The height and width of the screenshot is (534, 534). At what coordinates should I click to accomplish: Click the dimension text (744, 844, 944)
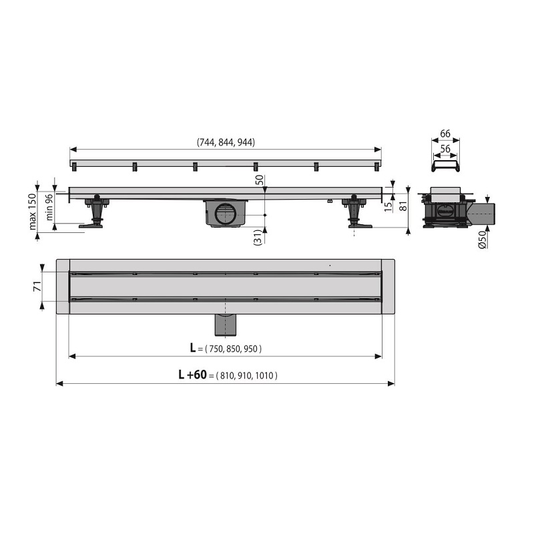coord(226,142)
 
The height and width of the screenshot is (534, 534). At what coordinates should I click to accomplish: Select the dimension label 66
coord(445,133)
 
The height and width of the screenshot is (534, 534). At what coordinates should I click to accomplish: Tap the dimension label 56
coord(445,149)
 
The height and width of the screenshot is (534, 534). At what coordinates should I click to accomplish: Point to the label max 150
coord(33,212)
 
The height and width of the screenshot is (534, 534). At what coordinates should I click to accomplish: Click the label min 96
coord(49,207)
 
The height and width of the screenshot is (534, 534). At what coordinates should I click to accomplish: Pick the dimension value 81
coord(403,206)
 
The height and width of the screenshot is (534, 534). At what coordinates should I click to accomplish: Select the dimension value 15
coord(388,206)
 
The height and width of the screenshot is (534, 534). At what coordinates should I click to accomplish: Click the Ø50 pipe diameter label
coord(482,240)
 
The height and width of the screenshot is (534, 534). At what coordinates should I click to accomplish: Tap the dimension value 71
coord(37,286)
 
